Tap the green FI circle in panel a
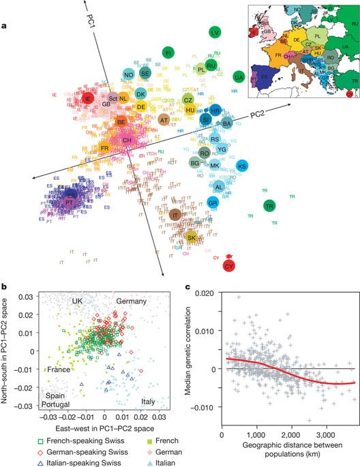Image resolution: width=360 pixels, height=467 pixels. (x=168, y=52)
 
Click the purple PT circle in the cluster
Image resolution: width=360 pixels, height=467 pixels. (x=70, y=202)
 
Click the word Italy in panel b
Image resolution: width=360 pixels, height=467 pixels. (x=148, y=401)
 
